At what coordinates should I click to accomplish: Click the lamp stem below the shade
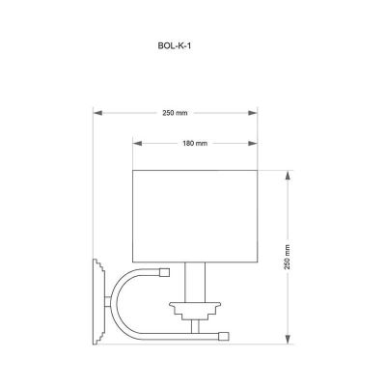coord(194,280)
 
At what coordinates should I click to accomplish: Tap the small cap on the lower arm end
coord(224,337)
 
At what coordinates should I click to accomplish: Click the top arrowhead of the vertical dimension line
coord(289,175)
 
